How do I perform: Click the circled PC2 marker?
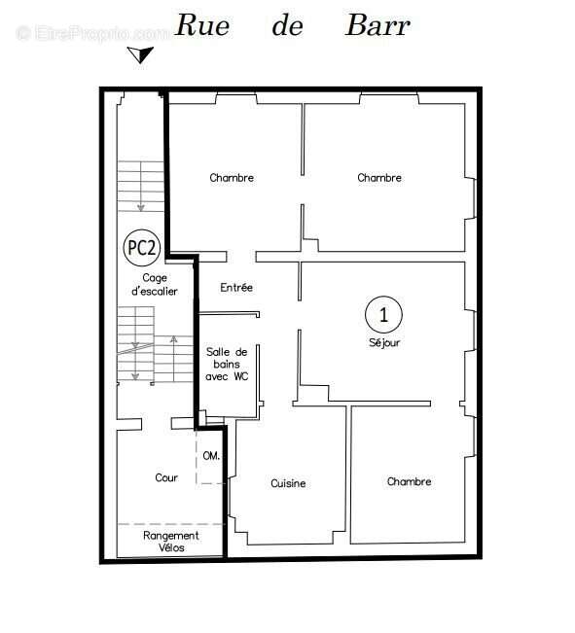141,248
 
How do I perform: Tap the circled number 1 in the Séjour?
383,314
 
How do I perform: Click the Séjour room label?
383,342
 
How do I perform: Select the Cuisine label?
288,483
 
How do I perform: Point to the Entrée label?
236,288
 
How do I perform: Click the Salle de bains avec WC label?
227,364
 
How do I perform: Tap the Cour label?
166,477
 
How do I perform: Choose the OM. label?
211,456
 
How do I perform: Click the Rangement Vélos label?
171,542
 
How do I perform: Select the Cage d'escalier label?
154,284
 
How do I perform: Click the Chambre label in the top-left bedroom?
232,178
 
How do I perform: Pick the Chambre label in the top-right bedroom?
379,178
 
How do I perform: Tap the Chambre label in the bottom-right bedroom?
409,481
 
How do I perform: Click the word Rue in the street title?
202,25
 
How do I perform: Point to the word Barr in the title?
377,25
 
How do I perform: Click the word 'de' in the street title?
287,25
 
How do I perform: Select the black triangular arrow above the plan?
143,53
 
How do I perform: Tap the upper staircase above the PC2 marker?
140,187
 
